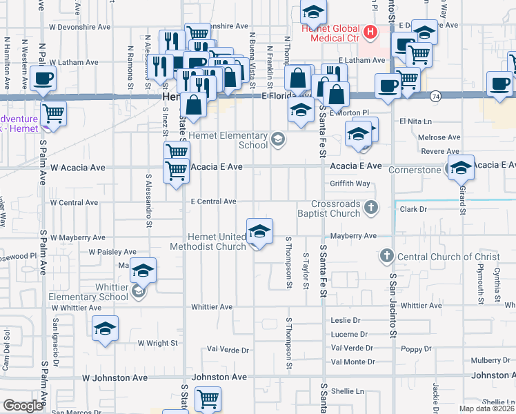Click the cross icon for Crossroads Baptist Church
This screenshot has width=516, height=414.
point(371,206)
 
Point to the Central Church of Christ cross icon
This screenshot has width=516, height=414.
point(386,257)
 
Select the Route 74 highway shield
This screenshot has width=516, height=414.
point(436,96)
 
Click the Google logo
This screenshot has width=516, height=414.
point(23,406)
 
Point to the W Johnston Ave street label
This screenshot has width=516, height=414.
point(115,378)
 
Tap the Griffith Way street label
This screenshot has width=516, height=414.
point(350,184)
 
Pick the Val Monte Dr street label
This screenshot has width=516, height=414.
point(353,362)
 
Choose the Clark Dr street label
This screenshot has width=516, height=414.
point(414,208)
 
